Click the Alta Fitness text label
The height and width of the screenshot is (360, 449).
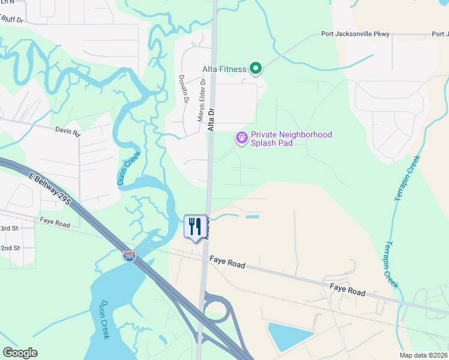pyautogui.click(x=224, y=69)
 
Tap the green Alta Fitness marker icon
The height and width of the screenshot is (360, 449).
pyautogui.click(x=256, y=69)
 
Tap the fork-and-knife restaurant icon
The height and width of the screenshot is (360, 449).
pyautogui.click(x=195, y=227)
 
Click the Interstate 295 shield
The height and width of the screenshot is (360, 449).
pyautogui.click(x=129, y=256)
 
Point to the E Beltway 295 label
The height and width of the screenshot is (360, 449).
pyautogui.click(x=50, y=189)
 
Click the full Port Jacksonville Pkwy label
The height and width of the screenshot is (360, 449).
pyautogui.click(x=355, y=34)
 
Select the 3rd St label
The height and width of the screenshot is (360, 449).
pyautogui.click(x=10, y=229)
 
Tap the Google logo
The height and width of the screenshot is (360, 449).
pyautogui.click(x=20, y=352)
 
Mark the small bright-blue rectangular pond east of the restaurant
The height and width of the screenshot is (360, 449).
pyautogui.click(x=253, y=216)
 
